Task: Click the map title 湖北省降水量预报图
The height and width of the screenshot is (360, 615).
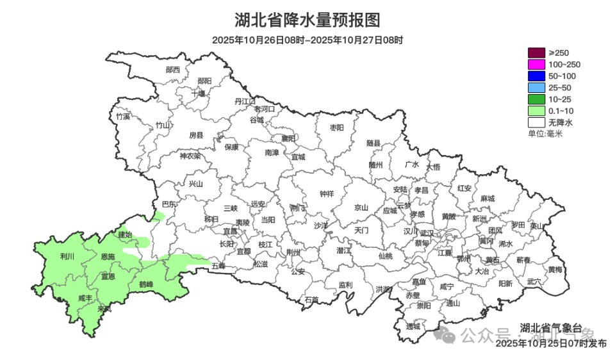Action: pos(307,20)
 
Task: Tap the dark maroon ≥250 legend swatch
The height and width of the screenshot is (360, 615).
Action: pos(536,53)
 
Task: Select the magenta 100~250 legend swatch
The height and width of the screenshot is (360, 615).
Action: pos(536,64)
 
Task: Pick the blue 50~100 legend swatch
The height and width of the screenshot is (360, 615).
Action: pos(536,76)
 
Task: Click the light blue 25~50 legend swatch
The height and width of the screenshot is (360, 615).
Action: pos(536,87)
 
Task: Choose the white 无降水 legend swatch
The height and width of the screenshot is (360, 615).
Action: pos(536,122)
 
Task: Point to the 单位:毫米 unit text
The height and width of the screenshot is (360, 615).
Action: pos(545,133)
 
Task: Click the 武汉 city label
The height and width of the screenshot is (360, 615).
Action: pos(427,233)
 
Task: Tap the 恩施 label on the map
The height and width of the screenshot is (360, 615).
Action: pos(108,257)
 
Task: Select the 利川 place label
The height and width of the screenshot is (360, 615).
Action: pos(67,256)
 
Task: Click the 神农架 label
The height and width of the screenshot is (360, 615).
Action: pos(190,156)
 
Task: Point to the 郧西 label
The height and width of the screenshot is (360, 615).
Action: pos(172,69)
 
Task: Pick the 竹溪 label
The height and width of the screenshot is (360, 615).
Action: pos(122,117)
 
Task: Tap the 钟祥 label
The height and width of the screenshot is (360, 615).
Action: pos(327,194)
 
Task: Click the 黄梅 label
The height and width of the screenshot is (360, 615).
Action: pos(555,269)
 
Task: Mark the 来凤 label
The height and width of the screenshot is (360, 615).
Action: pos(104,309)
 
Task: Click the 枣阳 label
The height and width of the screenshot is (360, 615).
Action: pos(336,127)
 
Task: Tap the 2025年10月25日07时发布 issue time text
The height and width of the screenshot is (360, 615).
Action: pos(551,344)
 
